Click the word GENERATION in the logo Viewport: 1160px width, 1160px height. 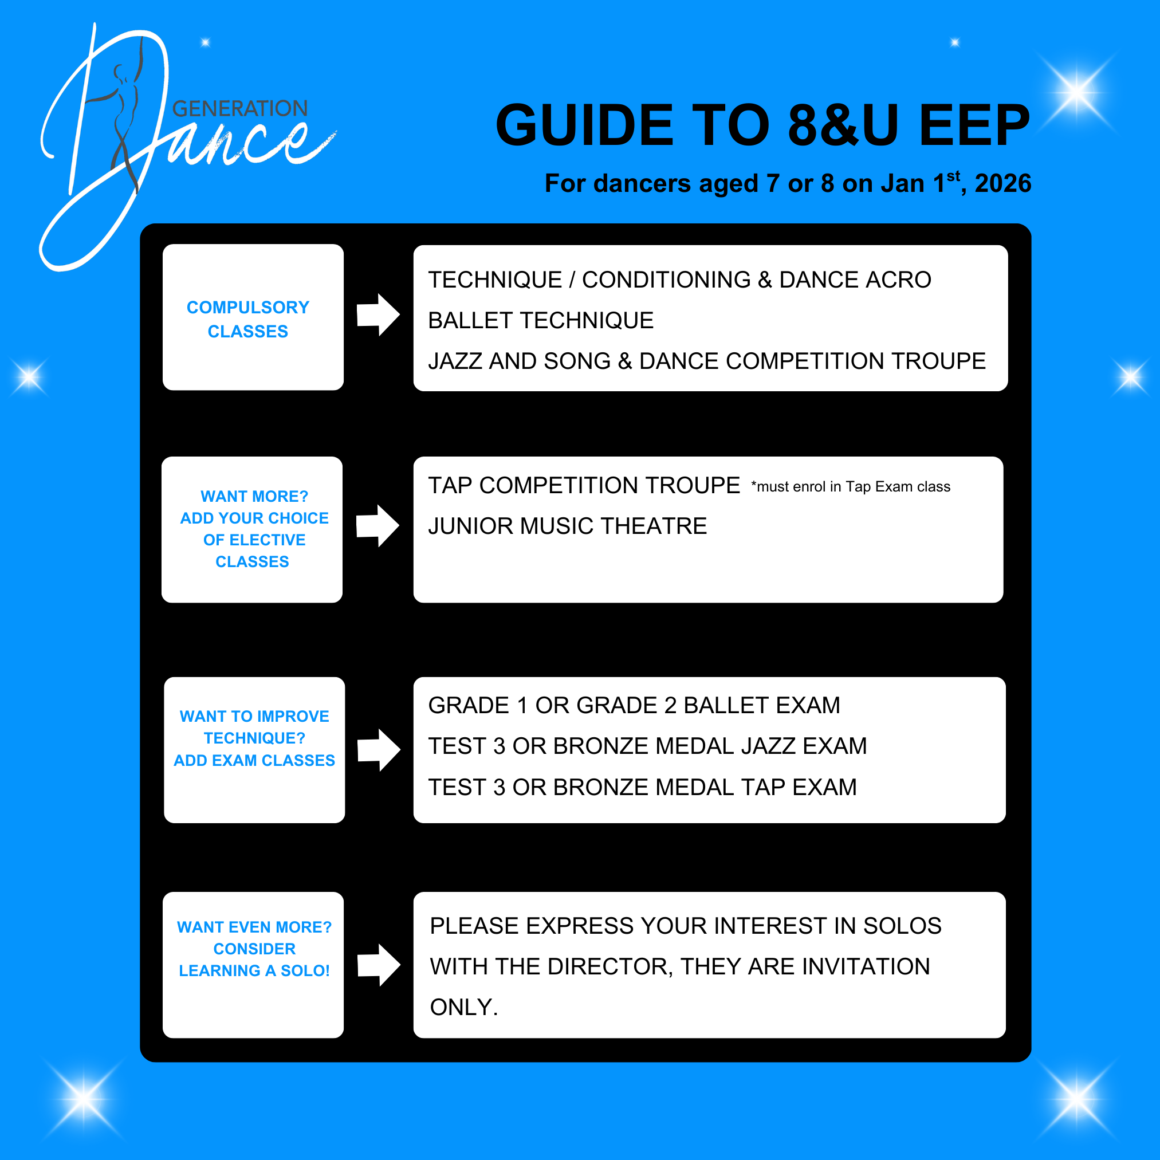point(239,109)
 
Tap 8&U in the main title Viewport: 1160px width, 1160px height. point(843,125)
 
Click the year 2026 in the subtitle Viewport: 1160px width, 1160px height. point(1002,183)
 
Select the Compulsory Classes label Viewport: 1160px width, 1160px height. point(248,319)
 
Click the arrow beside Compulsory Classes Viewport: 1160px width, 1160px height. point(378,314)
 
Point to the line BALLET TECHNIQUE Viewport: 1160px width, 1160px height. point(540,321)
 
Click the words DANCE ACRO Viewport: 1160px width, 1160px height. point(855,280)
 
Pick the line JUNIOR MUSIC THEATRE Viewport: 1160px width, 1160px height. point(567,526)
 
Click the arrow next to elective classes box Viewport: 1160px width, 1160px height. point(377,526)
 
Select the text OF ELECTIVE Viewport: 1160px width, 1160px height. point(254,540)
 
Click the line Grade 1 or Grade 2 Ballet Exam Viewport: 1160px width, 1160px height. point(634,706)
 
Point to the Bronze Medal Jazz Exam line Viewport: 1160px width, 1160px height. point(647,746)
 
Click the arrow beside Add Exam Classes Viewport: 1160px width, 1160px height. point(378,750)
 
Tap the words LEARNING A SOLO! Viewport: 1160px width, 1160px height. point(254,971)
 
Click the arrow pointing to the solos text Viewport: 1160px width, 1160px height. point(378,965)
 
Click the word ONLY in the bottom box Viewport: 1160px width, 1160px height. point(463,1008)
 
